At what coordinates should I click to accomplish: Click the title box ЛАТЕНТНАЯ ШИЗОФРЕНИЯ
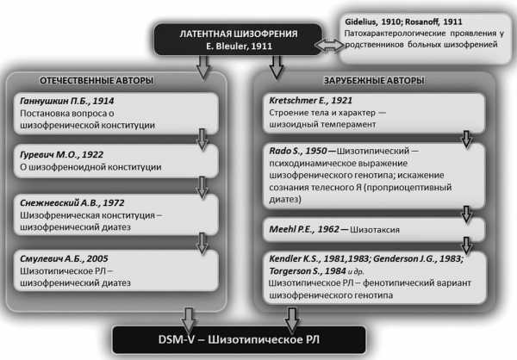pos(238,40)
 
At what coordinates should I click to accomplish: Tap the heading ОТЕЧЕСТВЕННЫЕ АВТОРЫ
pos(97,80)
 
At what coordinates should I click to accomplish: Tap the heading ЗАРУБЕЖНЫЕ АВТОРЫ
pos(374,80)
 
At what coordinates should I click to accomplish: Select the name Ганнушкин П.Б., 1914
pos(67,101)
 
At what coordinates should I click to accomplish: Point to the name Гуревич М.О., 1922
pos(62,155)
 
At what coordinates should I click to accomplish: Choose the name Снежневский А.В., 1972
pos(72,202)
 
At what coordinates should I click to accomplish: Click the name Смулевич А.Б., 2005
pos(64,258)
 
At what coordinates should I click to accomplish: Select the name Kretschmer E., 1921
pos(310,100)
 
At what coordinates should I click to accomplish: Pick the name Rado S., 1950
pos(298,151)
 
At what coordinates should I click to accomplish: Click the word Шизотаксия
pos(375,230)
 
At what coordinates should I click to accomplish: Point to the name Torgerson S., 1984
pos(308,271)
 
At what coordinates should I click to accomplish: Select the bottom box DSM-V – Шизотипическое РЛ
pos(239,340)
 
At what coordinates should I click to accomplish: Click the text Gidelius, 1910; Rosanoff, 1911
pos(403,22)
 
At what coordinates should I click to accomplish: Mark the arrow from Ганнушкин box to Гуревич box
pos(202,140)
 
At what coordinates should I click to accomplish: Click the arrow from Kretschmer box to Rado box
pos(466,139)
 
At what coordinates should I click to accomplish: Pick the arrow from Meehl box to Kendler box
pos(466,245)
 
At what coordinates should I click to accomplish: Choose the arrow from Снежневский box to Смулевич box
pos(202,243)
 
